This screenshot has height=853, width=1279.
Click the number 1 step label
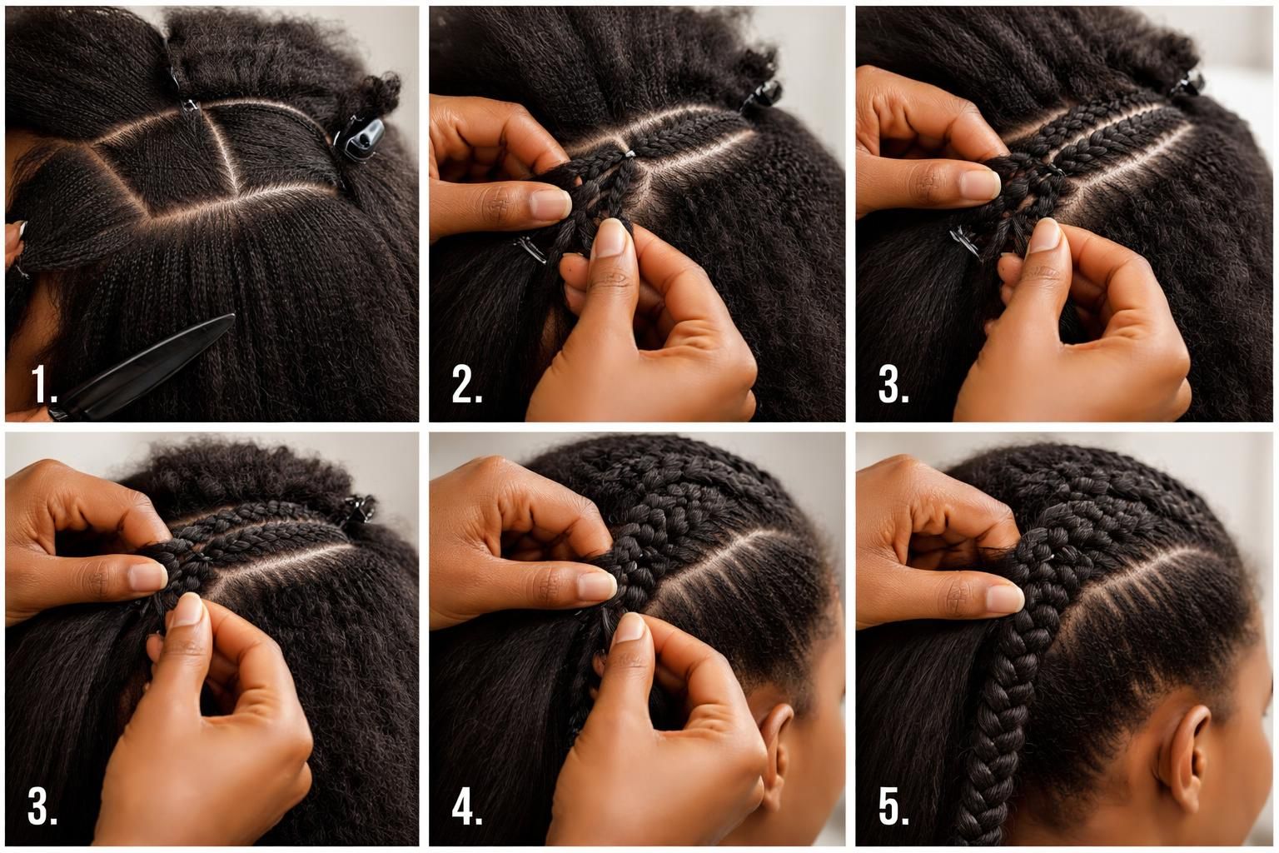(42, 385)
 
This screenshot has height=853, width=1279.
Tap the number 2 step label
(466, 385)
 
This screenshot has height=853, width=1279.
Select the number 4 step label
(467, 807)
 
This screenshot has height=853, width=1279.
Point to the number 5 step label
(893, 807)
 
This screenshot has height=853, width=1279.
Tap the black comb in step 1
(150, 367)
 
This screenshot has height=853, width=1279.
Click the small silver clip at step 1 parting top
(189, 105)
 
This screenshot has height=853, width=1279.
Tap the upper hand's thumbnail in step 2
(550, 202)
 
